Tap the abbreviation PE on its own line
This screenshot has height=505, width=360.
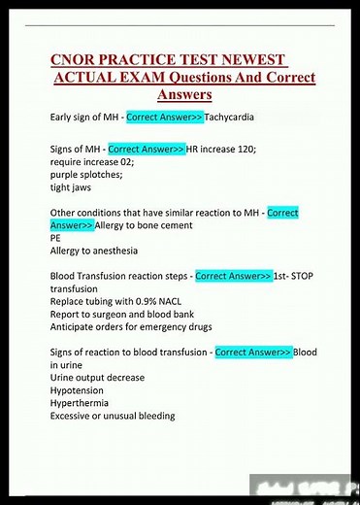(55, 238)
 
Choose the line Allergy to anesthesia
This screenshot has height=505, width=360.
(101, 251)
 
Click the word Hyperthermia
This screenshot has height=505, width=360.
(84, 402)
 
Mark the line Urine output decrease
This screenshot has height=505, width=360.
(97, 377)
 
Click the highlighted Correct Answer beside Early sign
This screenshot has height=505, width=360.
(164, 118)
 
